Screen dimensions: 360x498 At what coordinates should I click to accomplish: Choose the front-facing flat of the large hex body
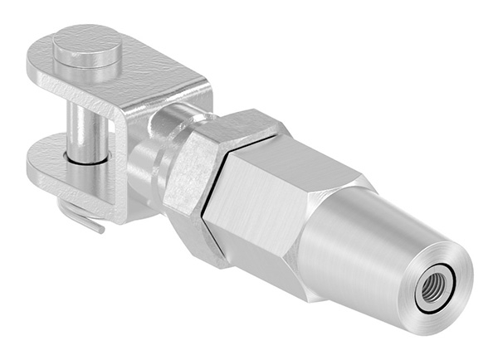[x=249, y=220]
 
